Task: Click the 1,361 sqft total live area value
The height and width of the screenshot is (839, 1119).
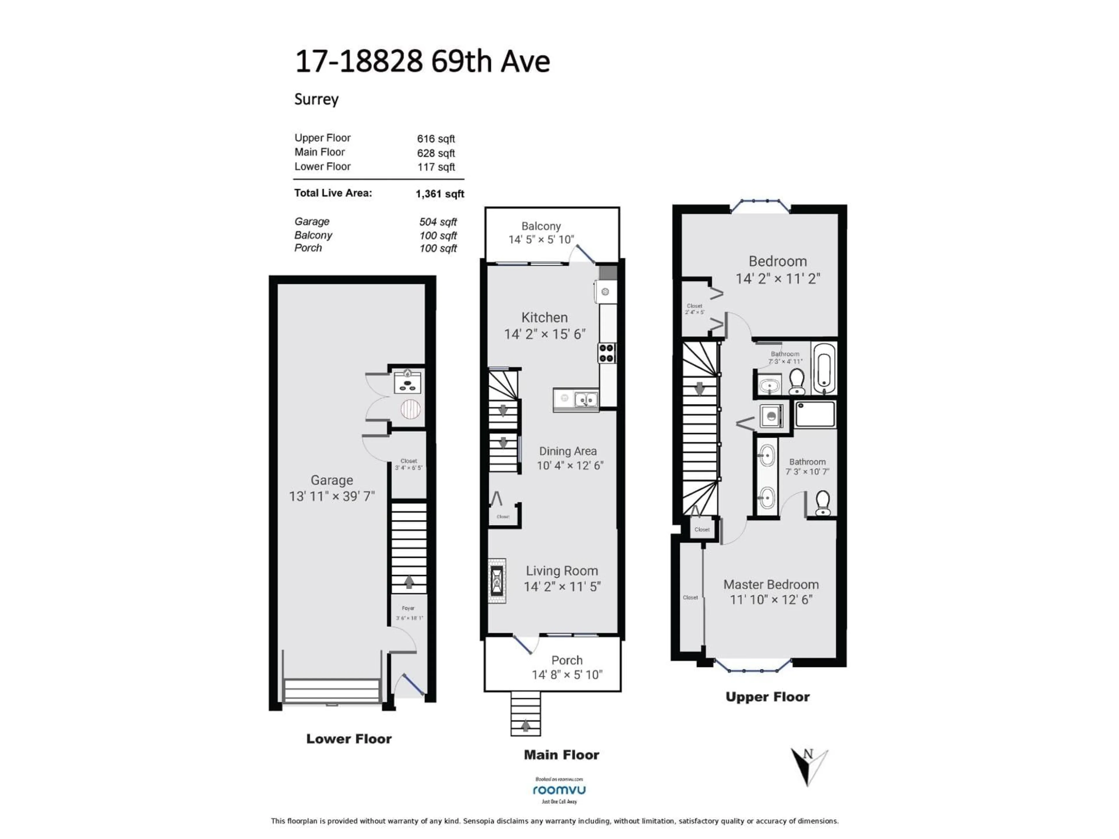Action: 440,194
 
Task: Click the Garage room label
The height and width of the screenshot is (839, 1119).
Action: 332,480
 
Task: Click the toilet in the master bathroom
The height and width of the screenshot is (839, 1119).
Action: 823,502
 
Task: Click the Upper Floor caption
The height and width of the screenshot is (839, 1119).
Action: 767,697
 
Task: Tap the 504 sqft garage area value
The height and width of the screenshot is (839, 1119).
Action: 438,222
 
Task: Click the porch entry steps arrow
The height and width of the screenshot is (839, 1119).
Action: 526,726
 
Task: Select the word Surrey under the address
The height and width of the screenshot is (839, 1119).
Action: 316,99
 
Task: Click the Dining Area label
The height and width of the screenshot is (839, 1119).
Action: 568,451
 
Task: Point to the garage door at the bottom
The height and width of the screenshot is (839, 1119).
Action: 332,691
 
